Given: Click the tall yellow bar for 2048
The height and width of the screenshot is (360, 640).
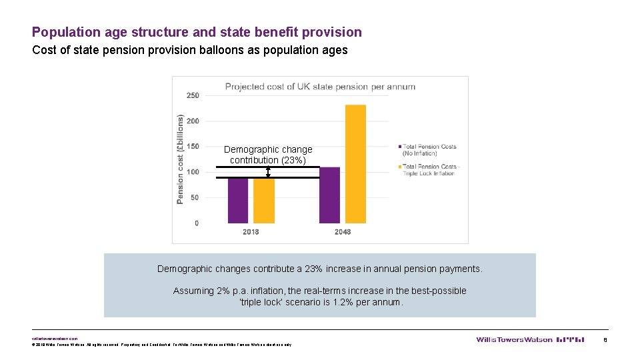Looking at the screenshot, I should [x=355, y=164].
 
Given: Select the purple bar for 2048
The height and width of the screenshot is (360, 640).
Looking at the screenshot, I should [x=329, y=195].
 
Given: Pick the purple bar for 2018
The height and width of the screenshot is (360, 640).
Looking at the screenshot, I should [x=238, y=200].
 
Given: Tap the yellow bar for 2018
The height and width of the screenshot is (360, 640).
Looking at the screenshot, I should [x=264, y=200].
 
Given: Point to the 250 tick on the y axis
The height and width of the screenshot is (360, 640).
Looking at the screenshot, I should [x=192, y=95].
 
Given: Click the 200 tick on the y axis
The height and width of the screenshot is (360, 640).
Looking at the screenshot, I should [x=192, y=121].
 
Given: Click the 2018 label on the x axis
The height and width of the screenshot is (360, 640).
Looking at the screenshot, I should [x=251, y=232].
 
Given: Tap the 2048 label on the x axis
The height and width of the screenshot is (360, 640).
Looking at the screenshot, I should [x=342, y=232].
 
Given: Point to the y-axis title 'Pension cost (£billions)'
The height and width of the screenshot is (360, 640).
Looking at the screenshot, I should [x=180, y=159].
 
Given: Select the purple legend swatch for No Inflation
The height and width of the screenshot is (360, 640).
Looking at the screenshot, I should [x=399, y=147].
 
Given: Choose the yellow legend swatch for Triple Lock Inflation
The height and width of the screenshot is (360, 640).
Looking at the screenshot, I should [x=399, y=167].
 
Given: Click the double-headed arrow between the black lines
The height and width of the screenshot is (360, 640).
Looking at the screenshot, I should [x=268, y=173].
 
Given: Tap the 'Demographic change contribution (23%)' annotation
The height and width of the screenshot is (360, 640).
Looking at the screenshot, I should [x=268, y=155].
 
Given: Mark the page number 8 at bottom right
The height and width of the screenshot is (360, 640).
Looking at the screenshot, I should [x=605, y=339].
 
